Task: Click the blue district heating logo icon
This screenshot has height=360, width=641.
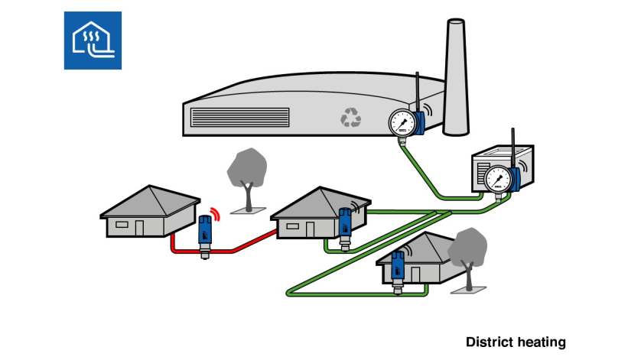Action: [x=93, y=41]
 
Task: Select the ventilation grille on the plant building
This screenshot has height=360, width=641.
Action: [x=239, y=117]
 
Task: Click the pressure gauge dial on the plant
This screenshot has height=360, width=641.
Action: [x=401, y=121]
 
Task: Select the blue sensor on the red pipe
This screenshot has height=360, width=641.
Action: [x=205, y=232]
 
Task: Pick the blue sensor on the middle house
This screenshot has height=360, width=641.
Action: [x=344, y=222]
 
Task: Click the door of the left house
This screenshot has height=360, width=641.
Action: [x=138, y=227]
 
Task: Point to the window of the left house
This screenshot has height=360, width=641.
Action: [x=121, y=224]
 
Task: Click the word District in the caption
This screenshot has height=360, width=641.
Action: [x=489, y=342]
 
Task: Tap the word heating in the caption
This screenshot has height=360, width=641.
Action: [x=540, y=342]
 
